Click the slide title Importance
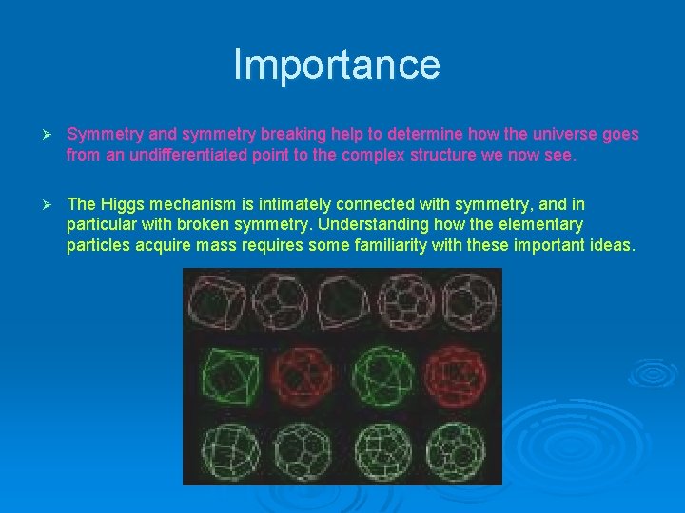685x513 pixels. point(337,65)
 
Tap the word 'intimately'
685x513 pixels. point(292,204)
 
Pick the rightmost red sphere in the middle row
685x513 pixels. point(459,374)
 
